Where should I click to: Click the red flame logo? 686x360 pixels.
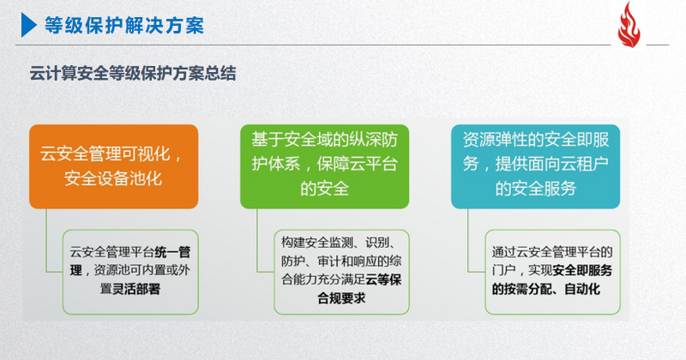(629, 25)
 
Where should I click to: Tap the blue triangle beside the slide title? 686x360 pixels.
(29, 25)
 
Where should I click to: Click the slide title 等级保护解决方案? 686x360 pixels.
(124, 25)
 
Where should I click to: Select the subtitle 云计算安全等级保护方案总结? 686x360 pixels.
(133, 73)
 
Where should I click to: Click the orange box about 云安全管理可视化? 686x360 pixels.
(114, 166)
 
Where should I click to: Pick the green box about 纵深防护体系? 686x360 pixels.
(325, 166)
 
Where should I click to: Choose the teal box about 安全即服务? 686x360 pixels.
(535, 166)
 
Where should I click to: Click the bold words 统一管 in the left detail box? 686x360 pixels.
(172, 252)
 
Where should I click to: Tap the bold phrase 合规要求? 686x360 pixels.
(341, 298)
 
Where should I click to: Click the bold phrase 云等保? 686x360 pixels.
(383, 280)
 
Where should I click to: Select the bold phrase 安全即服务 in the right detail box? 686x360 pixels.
(582, 271)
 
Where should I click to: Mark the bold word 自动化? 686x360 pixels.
(582, 289)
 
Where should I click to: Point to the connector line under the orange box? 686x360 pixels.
(47, 240)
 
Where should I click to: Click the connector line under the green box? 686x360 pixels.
(257, 240)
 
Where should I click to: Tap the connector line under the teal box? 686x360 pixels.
(468, 240)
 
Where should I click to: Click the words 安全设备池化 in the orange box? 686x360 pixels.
(113, 178)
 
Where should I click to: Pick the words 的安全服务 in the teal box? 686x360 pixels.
(535, 189)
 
